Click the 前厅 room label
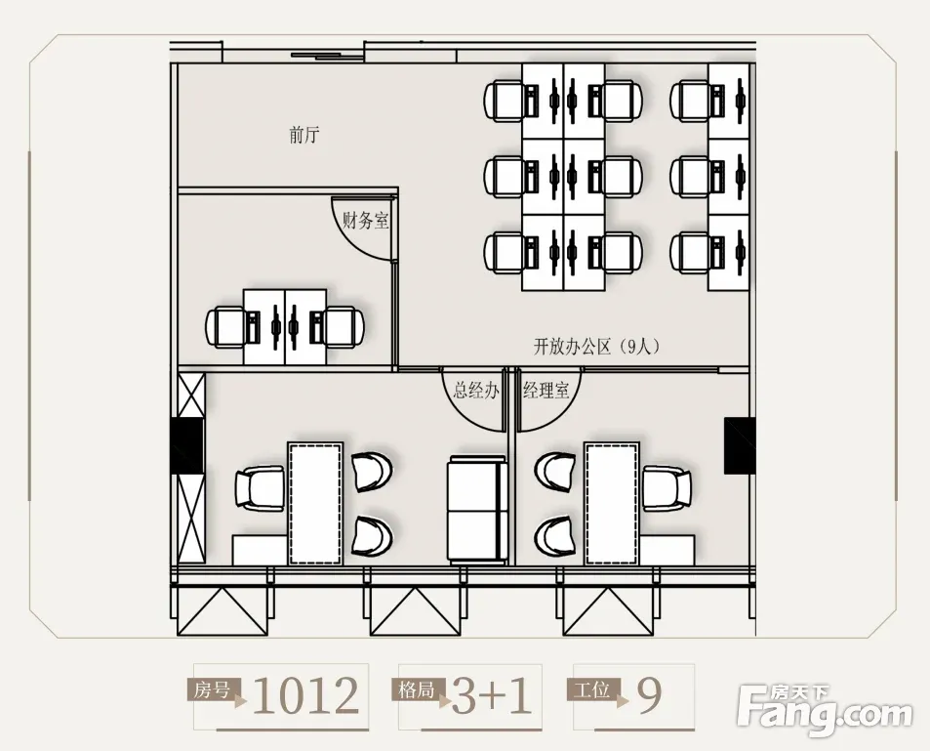click(304, 136)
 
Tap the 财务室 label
click(366, 221)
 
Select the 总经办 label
click(476, 390)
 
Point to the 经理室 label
click(546, 390)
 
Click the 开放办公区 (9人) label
click(596, 346)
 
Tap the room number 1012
click(306, 695)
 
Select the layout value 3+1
click(492, 695)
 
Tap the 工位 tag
click(592, 690)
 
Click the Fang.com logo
click(824, 710)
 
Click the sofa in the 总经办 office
click(477, 510)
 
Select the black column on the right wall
click(739, 445)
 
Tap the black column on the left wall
click(186, 445)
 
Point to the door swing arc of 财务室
click(353, 242)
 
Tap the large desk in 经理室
click(612, 504)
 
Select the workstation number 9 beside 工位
click(650, 695)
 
